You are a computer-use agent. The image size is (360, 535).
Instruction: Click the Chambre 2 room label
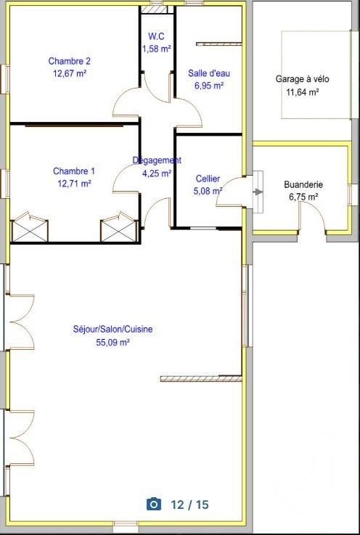point(70,61)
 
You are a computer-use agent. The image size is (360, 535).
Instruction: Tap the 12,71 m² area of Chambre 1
point(73,184)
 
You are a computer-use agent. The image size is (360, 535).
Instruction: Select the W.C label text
point(157,36)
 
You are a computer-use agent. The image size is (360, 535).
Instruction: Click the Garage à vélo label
point(298,79)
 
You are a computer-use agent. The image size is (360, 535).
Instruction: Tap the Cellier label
point(208,179)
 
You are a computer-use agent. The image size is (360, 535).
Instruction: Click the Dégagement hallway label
point(157,160)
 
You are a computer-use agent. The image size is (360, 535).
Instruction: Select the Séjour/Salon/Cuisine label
point(112,329)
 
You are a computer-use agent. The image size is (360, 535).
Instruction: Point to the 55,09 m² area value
point(112,342)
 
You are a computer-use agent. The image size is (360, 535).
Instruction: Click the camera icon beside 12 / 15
point(153,505)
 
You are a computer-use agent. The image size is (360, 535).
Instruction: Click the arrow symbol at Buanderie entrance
point(258,192)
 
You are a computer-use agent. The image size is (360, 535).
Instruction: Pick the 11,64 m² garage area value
point(298,92)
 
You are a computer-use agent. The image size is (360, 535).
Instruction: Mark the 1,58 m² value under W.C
point(157,49)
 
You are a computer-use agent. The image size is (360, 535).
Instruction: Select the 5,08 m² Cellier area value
point(209,192)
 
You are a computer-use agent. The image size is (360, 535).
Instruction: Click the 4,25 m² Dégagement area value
point(157,173)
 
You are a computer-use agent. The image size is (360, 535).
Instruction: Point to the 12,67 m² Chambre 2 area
point(70,73)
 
